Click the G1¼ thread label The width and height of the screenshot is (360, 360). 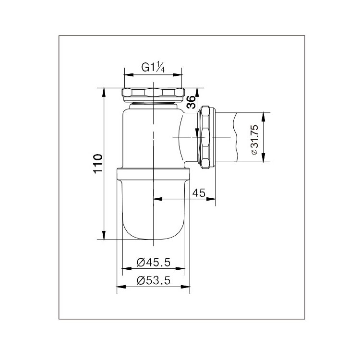(153, 68)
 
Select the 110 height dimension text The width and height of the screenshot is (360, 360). (97, 164)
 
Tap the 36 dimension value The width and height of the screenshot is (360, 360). (191, 102)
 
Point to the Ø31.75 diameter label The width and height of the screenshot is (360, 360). (254, 140)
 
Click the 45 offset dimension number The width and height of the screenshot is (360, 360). (199, 193)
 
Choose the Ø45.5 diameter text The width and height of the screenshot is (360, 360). (154, 262)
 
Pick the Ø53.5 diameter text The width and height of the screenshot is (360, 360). (154, 280)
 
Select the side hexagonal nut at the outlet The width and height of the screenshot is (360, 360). (205, 137)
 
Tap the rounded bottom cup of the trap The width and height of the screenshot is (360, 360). (153, 209)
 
